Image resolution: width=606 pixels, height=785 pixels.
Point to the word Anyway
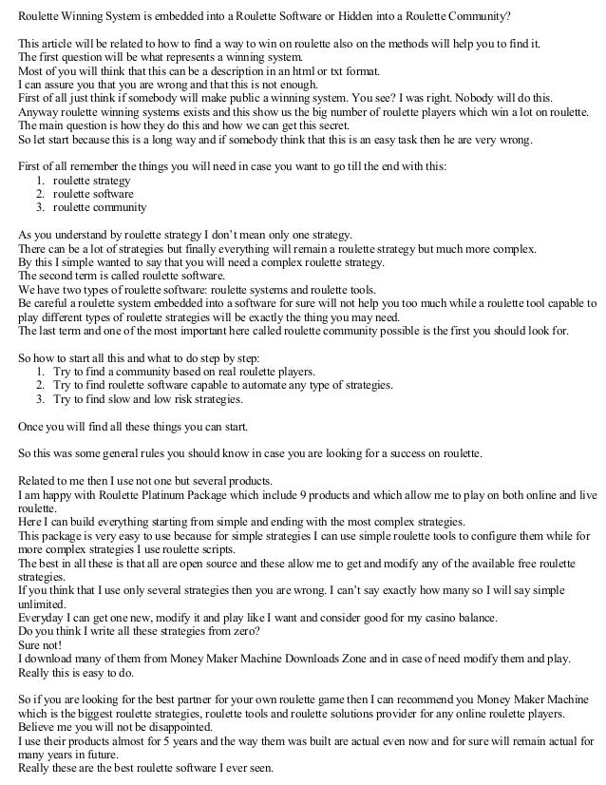click(38, 111)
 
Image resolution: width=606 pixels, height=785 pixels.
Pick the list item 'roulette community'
click(100, 207)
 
